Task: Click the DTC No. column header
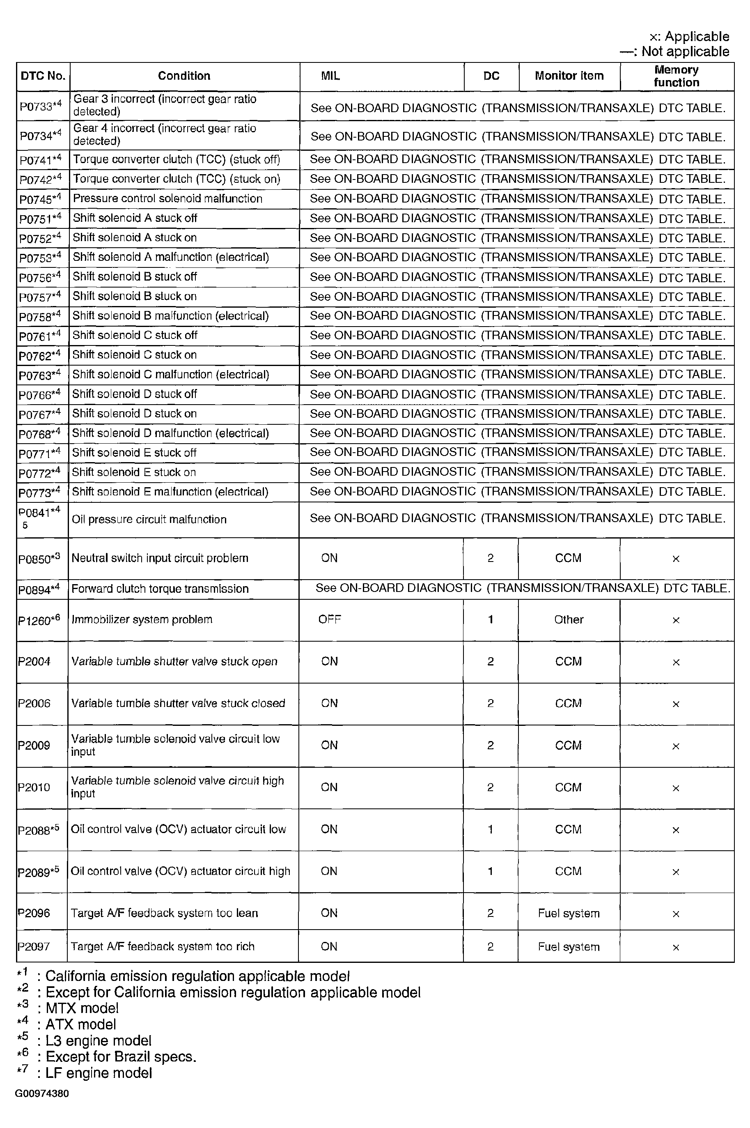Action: coord(43,76)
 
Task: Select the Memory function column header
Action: coord(677,76)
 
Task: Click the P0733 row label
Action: coord(41,106)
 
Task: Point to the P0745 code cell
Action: coord(40,198)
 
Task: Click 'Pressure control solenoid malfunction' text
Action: coord(167,198)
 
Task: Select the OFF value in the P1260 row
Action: coord(330,620)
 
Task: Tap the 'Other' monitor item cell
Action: coord(569,620)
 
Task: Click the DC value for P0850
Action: coord(490,558)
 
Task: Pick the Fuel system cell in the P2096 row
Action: coord(569,914)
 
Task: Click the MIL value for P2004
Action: coord(330,661)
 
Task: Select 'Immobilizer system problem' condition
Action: coord(142,620)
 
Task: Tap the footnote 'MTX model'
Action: coord(82,1008)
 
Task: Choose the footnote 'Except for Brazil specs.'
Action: coord(121,1057)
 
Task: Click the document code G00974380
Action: coord(42,1093)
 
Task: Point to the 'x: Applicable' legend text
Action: coord(689,37)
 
